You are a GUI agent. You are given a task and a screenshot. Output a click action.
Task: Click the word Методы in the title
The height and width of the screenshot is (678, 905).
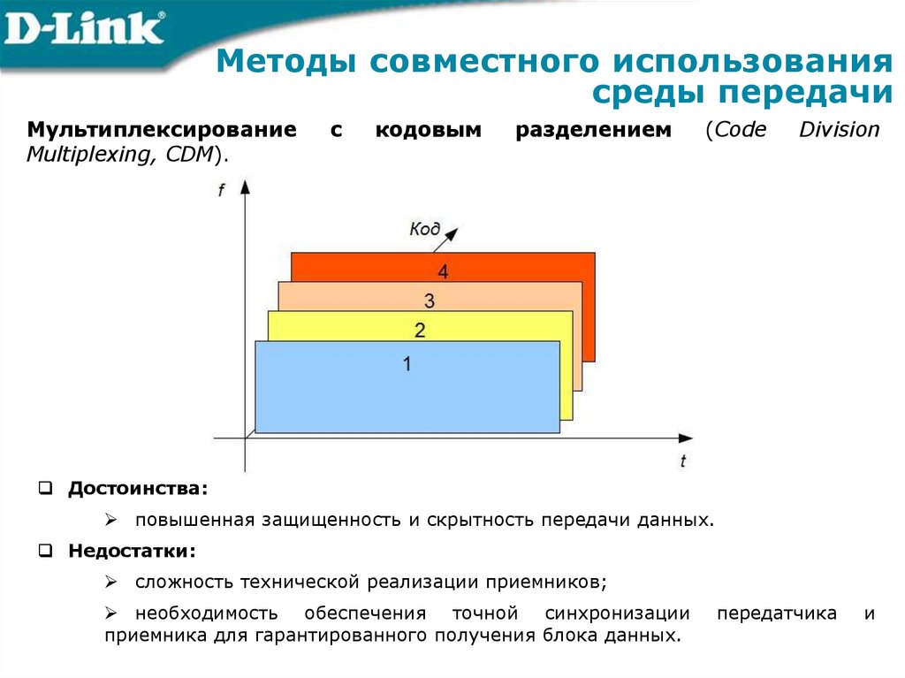tap(285, 63)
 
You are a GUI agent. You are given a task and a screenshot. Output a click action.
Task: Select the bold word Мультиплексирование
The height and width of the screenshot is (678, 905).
tap(162, 131)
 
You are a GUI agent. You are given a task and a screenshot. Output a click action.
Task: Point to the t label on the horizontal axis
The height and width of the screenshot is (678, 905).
tap(683, 460)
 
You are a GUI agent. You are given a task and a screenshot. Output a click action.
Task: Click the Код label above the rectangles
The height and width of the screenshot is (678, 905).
tap(424, 229)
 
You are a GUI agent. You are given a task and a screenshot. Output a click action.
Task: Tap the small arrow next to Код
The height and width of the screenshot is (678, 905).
tap(451, 233)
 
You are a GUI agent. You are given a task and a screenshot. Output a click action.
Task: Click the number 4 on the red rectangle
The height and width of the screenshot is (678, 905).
tap(442, 272)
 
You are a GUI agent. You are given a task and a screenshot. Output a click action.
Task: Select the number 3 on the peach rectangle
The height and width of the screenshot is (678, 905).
tap(430, 301)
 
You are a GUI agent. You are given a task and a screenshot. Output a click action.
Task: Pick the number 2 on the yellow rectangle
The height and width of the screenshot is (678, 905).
tap(420, 331)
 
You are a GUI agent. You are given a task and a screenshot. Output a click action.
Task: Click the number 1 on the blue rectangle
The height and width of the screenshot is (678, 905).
tap(407, 363)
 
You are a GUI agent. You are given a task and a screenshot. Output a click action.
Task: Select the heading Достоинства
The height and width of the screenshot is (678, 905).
tap(139, 488)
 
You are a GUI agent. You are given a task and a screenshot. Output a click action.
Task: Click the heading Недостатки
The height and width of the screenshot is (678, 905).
tap(133, 551)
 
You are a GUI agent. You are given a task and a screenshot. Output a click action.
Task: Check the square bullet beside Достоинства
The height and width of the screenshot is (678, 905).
tap(45, 488)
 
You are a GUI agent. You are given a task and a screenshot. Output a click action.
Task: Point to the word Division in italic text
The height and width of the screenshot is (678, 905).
tap(840, 131)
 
